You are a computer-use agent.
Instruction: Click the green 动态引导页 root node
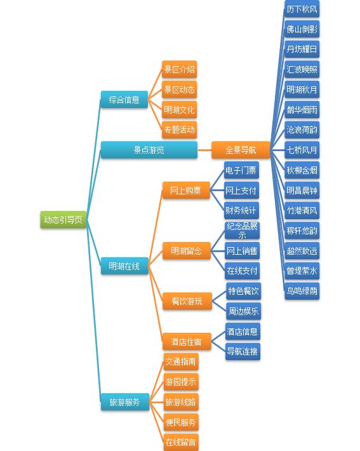click(x=63, y=220)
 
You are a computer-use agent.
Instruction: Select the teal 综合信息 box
click(x=124, y=100)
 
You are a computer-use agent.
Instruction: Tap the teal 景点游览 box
click(x=149, y=150)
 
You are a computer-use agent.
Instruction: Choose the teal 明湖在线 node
click(x=124, y=266)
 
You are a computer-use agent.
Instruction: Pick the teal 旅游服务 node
click(x=125, y=402)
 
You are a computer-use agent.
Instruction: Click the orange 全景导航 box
click(x=241, y=150)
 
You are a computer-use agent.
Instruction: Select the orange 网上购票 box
click(x=186, y=190)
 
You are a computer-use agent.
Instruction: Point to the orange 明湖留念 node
click(x=186, y=251)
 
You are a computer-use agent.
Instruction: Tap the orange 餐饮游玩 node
click(x=187, y=301)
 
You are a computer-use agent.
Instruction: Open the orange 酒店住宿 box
click(x=186, y=341)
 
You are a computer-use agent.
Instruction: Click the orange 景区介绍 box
click(x=180, y=69)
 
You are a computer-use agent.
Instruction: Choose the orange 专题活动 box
click(x=180, y=130)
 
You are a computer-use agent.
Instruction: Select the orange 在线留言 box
click(x=181, y=442)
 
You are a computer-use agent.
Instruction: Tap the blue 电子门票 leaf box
click(x=241, y=170)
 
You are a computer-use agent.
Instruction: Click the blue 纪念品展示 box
click(x=242, y=231)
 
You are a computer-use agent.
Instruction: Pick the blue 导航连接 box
click(x=243, y=351)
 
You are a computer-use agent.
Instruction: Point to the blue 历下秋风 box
click(x=302, y=9)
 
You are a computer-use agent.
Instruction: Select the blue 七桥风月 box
click(x=302, y=150)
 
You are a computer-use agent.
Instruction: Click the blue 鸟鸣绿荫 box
click(x=302, y=291)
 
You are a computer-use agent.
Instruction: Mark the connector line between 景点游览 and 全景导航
click(x=204, y=150)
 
